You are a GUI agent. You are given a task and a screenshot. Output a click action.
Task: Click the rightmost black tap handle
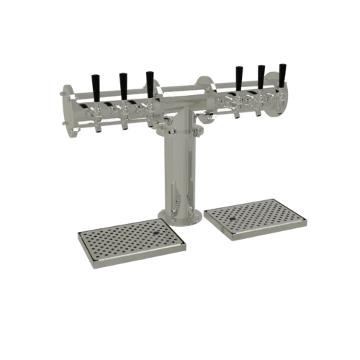pyautogui.click(x=282, y=73)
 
